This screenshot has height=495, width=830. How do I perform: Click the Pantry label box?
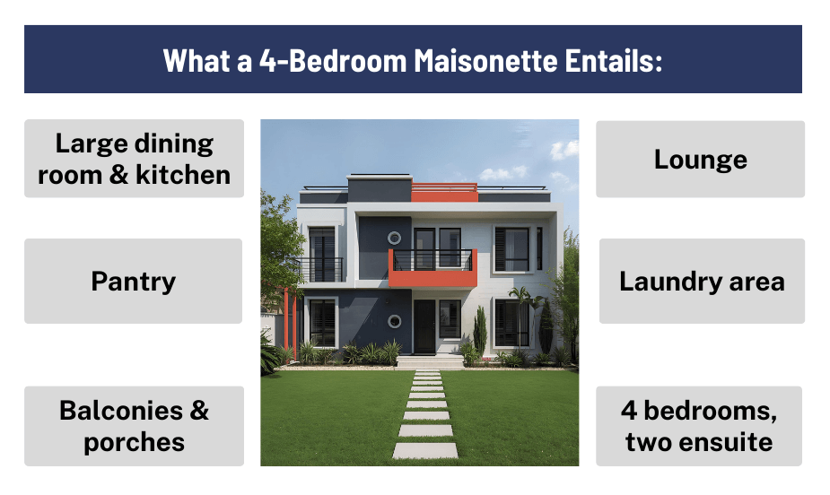point(133,282)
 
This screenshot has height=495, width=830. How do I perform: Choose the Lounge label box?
point(700,160)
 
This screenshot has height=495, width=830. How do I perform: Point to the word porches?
point(134,442)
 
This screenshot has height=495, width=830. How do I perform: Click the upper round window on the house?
point(393,238)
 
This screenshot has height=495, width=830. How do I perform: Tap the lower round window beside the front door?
point(393,320)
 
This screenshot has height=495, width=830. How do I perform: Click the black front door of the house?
point(424,326)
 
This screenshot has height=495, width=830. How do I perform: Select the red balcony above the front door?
point(432,268)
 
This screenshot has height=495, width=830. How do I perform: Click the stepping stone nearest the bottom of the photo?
point(424,450)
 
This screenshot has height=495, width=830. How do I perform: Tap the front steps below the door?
point(429,361)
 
